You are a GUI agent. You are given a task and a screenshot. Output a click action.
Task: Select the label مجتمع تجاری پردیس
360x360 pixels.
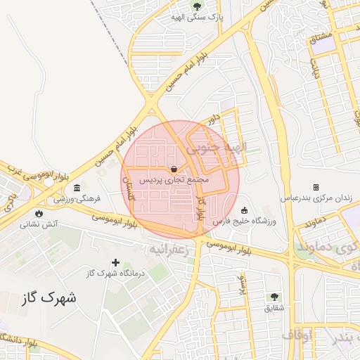(x=174, y=181)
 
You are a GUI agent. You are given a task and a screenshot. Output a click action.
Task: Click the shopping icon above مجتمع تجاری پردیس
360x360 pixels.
(x=174, y=169)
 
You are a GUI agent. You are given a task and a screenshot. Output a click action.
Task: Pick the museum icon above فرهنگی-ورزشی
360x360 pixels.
(x=76, y=188)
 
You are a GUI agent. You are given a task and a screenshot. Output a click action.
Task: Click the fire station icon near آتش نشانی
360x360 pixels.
(x=37, y=213)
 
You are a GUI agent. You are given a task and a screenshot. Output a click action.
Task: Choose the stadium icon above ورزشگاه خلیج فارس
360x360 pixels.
(x=244, y=210)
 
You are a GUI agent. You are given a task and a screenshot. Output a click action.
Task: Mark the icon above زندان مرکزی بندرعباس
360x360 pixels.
(x=316, y=187)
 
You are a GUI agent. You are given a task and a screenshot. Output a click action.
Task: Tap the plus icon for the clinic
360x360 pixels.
(x=116, y=262)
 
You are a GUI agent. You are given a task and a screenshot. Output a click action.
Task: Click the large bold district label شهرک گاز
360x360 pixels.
(x=49, y=298)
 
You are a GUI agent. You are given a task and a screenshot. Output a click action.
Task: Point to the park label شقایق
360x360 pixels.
(x=274, y=308)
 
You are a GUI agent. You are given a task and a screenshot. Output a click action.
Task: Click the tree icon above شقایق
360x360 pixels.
(x=274, y=297)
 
